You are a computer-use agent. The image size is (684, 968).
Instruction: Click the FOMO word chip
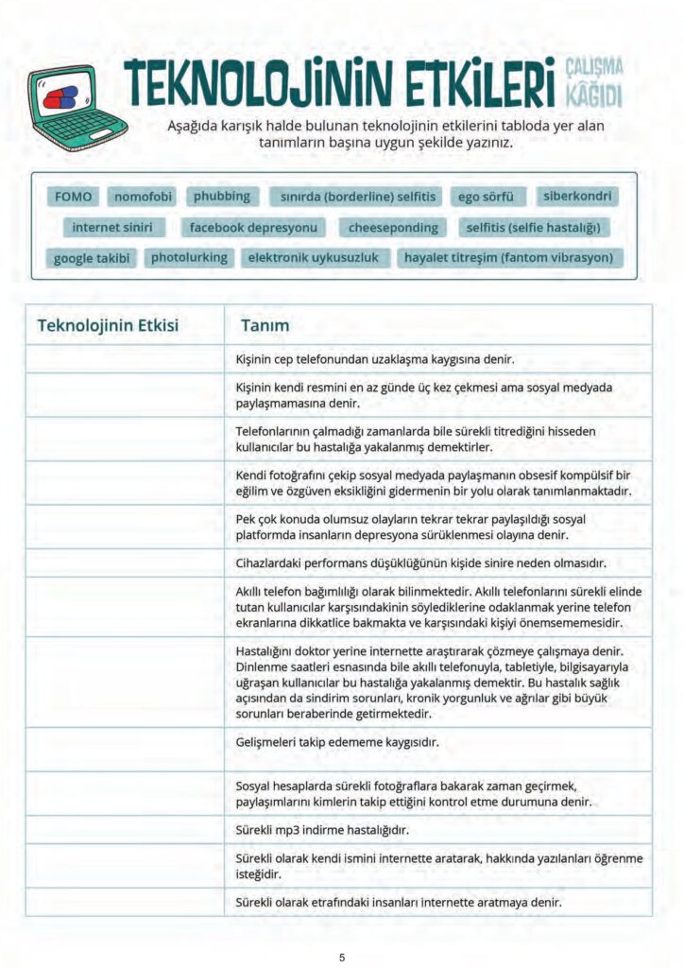click(74, 197)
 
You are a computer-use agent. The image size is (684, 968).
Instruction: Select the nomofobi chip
click(144, 197)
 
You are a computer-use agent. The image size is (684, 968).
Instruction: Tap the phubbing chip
click(222, 197)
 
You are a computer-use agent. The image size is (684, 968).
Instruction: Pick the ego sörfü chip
click(486, 197)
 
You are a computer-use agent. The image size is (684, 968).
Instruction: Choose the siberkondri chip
click(577, 197)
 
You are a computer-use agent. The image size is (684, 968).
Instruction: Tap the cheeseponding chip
click(393, 228)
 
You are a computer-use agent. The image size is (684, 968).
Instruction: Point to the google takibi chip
click(93, 258)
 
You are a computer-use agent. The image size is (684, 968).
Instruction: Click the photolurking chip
click(189, 257)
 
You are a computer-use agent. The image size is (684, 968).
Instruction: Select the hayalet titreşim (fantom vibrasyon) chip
click(508, 258)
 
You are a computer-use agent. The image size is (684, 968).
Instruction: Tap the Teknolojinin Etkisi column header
click(108, 325)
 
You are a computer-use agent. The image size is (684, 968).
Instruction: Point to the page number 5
click(342, 958)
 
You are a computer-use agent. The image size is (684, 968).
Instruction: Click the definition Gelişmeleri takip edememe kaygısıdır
click(337, 742)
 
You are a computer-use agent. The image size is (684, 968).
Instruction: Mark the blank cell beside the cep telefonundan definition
click(125, 359)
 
